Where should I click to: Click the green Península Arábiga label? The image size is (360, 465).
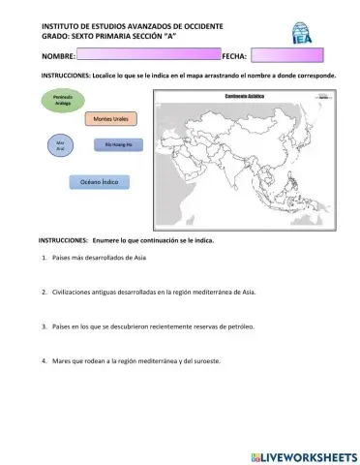pyautogui.click(x=58, y=100)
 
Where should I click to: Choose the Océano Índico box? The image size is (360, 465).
pyautogui.click(x=98, y=180)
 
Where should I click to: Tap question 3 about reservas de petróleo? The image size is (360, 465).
pyautogui.click(x=153, y=326)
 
